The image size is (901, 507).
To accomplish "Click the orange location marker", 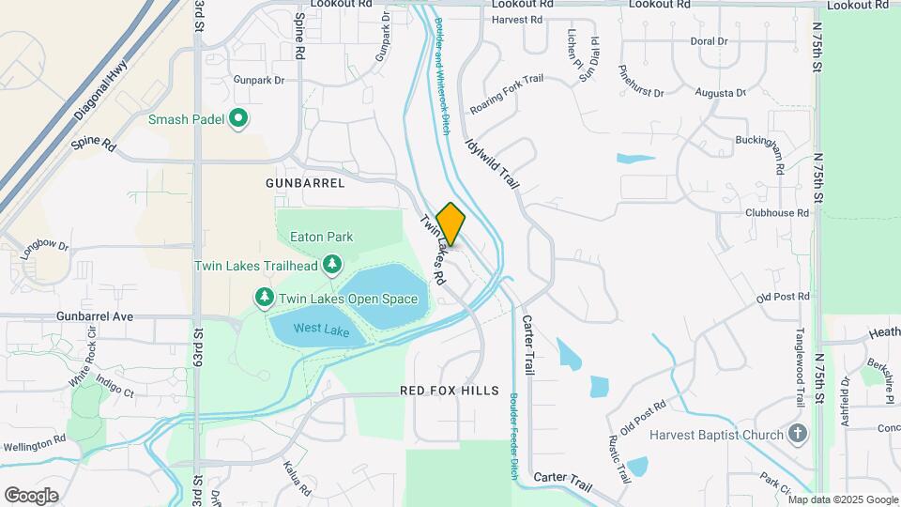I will (x=450, y=224).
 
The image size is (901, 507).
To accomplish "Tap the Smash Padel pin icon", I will (x=238, y=119).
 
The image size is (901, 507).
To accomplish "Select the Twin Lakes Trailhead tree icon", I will (x=331, y=266).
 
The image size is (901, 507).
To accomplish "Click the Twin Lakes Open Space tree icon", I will (x=265, y=298).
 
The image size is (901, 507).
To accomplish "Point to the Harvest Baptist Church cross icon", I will (x=798, y=434).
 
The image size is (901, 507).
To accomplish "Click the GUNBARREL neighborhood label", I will (x=305, y=183).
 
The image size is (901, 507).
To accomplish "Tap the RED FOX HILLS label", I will (x=450, y=390).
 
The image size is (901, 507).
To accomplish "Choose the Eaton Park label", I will (x=321, y=238).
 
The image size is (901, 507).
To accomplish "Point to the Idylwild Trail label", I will (x=492, y=162).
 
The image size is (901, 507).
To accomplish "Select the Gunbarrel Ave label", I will (x=94, y=316).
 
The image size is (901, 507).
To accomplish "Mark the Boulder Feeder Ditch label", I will (x=514, y=437).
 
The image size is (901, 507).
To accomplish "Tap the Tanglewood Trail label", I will (x=801, y=361).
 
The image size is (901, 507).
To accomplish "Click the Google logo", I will (x=31, y=495).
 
